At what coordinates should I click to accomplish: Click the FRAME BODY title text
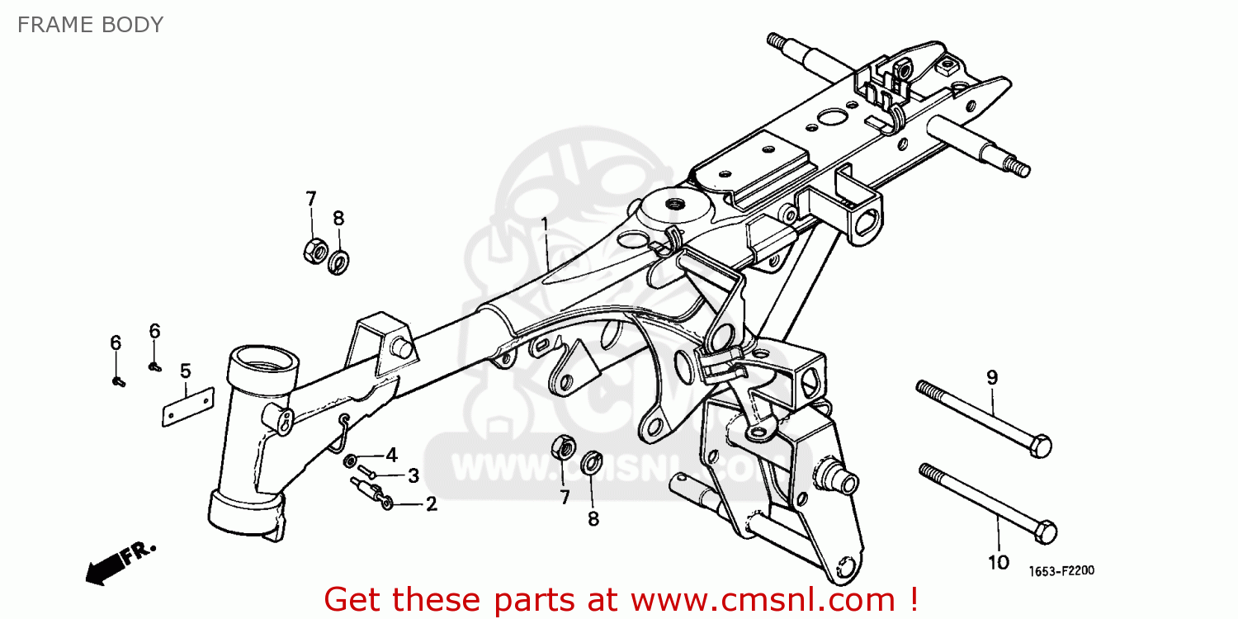tap(91, 25)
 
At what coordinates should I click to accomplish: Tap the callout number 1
tap(545, 225)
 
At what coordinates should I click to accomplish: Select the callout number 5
tap(185, 371)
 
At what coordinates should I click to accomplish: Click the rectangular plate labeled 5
tap(188, 407)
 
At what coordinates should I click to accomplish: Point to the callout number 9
tap(992, 377)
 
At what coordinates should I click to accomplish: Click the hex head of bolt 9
tap(1041, 446)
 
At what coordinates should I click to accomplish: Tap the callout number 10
tap(999, 563)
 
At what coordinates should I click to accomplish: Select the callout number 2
tap(431, 503)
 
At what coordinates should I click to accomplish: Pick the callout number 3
tap(413, 475)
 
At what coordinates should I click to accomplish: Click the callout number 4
tap(391, 455)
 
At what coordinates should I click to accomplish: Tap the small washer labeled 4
tap(349, 461)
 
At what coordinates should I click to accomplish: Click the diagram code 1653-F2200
tap(1061, 571)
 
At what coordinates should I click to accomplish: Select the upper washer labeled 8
tap(338, 262)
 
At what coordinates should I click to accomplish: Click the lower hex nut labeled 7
tap(563, 447)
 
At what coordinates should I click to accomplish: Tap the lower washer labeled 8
tap(592, 462)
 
